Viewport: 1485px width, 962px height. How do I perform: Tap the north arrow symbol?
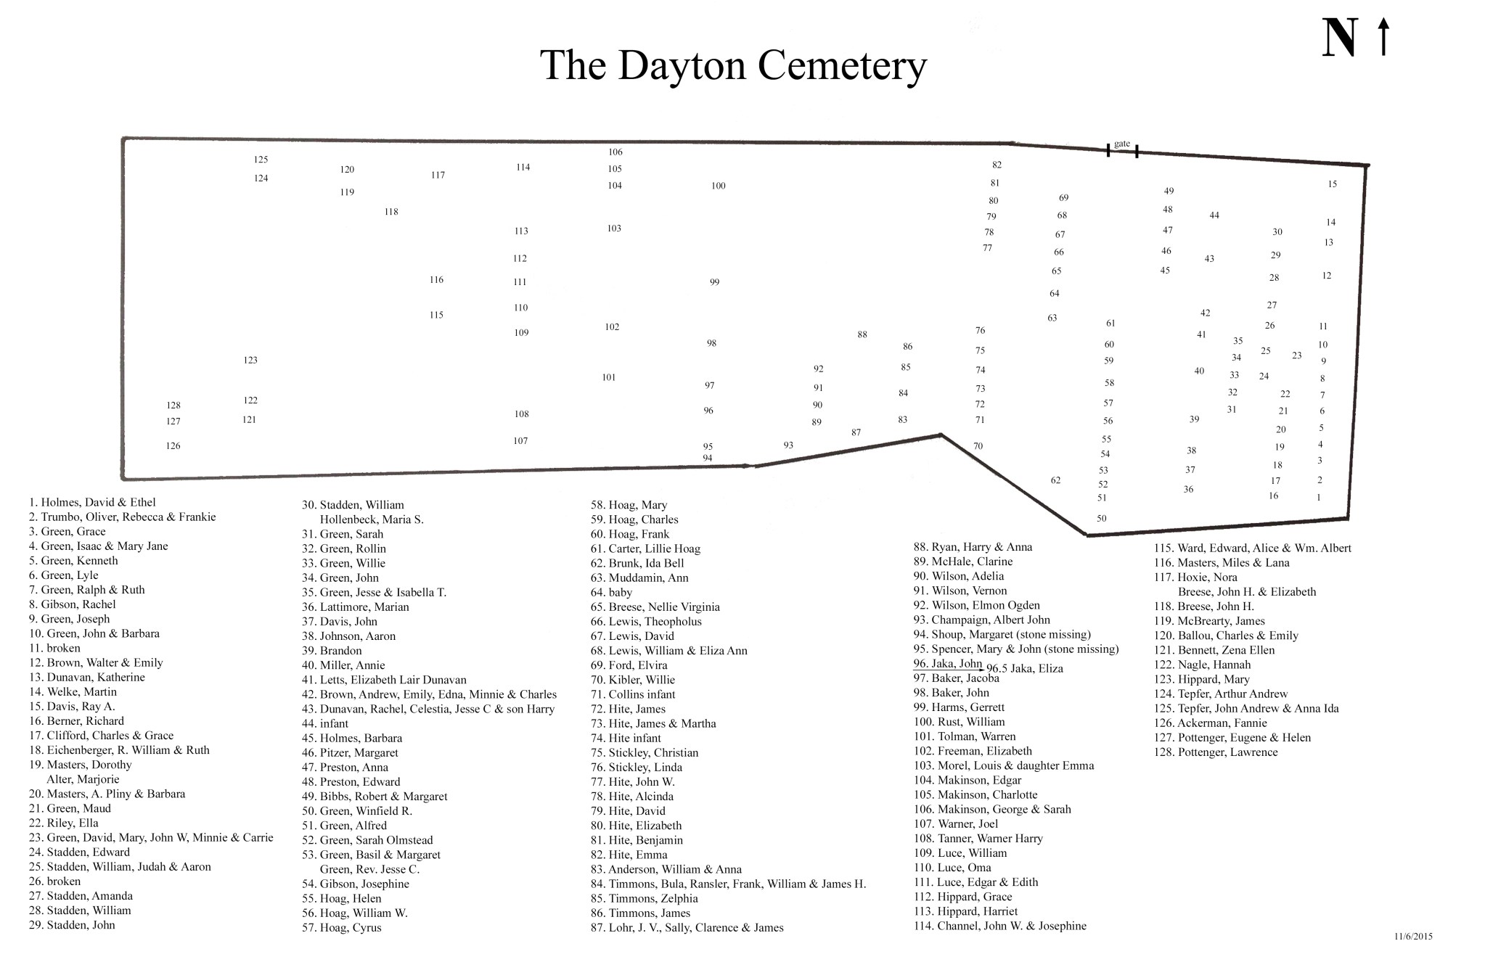click(1383, 38)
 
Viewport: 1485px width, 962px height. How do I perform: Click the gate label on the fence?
click(1121, 144)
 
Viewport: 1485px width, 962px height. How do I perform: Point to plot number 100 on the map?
click(718, 186)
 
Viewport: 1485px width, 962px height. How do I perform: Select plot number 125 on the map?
click(261, 160)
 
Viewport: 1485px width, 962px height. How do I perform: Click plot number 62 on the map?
click(1055, 480)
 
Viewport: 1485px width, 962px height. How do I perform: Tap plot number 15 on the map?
click(1332, 184)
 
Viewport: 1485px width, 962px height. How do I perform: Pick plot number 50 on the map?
click(1101, 518)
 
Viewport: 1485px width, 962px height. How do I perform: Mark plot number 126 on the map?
click(173, 445)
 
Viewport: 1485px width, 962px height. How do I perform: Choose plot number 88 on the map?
click(862, 334)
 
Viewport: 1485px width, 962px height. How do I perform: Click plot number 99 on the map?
click(714, 282)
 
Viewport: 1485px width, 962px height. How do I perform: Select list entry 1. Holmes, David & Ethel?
click(92, 502)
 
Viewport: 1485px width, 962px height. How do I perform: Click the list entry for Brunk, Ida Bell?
click(637, 563)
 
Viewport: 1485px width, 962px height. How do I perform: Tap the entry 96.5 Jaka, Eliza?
click(1024, 668)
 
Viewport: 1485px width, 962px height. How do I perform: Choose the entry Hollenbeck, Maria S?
click(372, 519)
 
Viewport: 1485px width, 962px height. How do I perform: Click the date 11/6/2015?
click(1412, 937)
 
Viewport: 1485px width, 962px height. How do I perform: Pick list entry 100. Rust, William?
click(959, 722)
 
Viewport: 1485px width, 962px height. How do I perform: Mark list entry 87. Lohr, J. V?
click(687, 927)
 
